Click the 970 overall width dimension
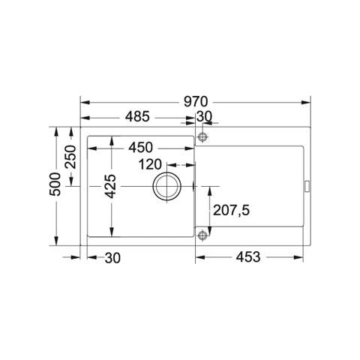pyautogui.click(x=196, y=102)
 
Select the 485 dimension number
pyautogui.click(x=137, y=116)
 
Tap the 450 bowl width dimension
pyautogui.click(x=140, y=148)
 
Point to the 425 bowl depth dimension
pyautogui.click(x=111, y=186)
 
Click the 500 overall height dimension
pyautogui.click(x=55, y=184)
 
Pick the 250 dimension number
pyautogui.click(x=70, y=157)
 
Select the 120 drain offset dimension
pyautogui.click(x=150, y=164)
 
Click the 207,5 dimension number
pyautogui.click(x=231, y=210)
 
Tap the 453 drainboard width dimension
pyautogui.click(x=248, y=257)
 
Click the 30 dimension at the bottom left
pyautogui.click(x=112, y=258)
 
